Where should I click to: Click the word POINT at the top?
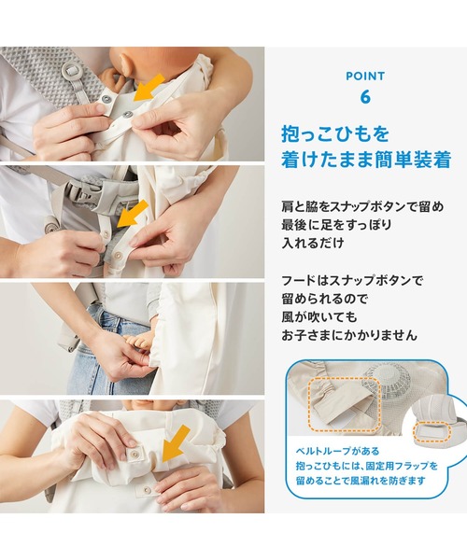365,76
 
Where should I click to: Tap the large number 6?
365,96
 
